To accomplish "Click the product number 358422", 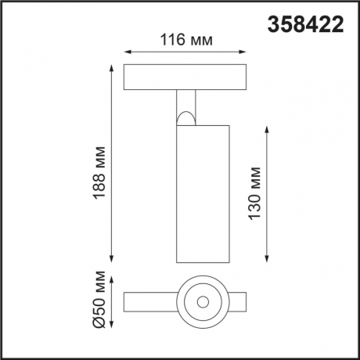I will [305, 24].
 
